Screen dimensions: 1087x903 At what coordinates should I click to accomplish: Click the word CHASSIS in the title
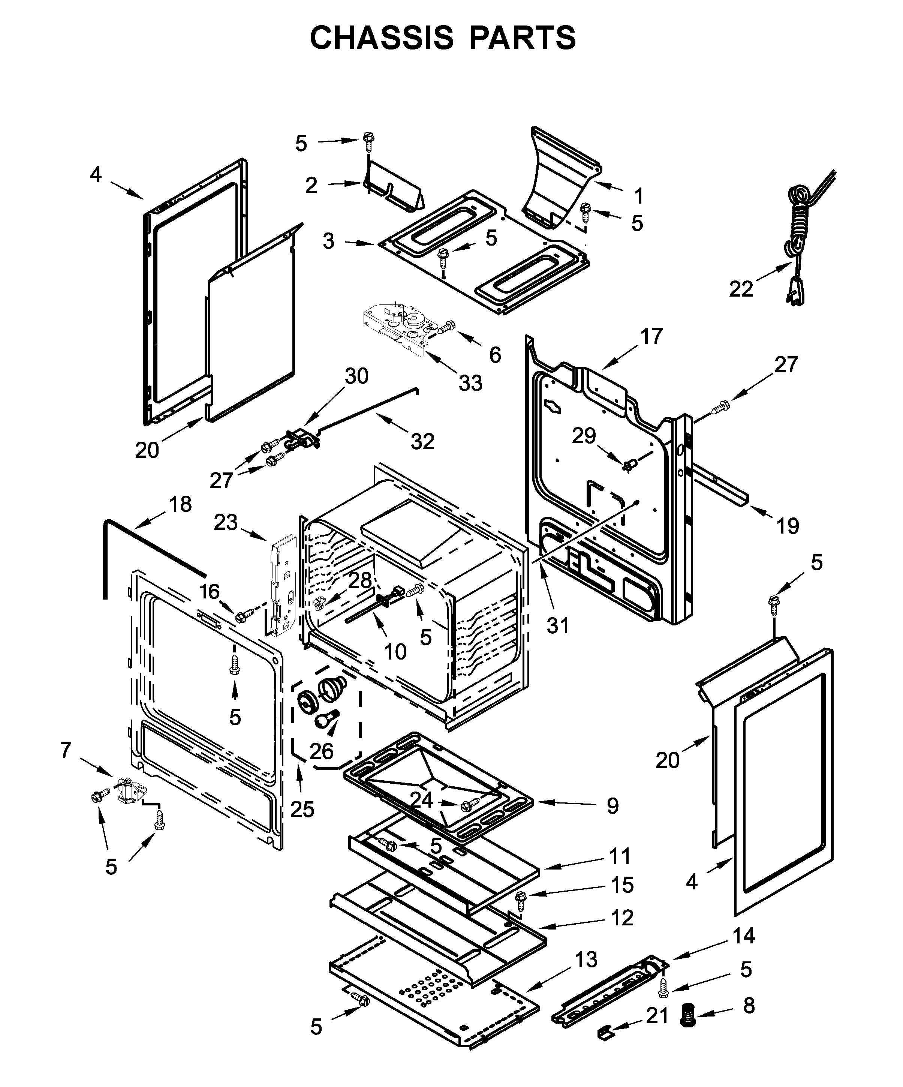click(381, 38)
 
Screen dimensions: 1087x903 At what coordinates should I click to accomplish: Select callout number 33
click(470, 383)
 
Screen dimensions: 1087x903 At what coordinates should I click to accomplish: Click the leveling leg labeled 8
click(688, 1014)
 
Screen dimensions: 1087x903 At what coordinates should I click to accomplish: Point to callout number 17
click(651, 336)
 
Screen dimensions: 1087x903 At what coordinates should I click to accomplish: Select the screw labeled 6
click(446, 327)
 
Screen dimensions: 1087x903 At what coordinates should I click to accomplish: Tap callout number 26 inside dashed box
click(321, 751)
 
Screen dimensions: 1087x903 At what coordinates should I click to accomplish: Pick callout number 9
click(612, 805)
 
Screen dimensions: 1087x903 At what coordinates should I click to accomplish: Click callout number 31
click(557, 625)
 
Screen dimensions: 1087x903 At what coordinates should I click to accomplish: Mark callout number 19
click(787, 526)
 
